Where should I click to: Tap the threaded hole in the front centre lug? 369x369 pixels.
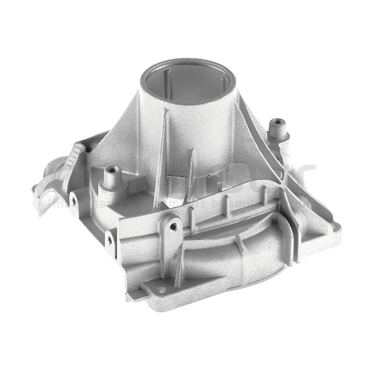point(173,226)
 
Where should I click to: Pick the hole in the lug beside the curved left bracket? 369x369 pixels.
point(72,199)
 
